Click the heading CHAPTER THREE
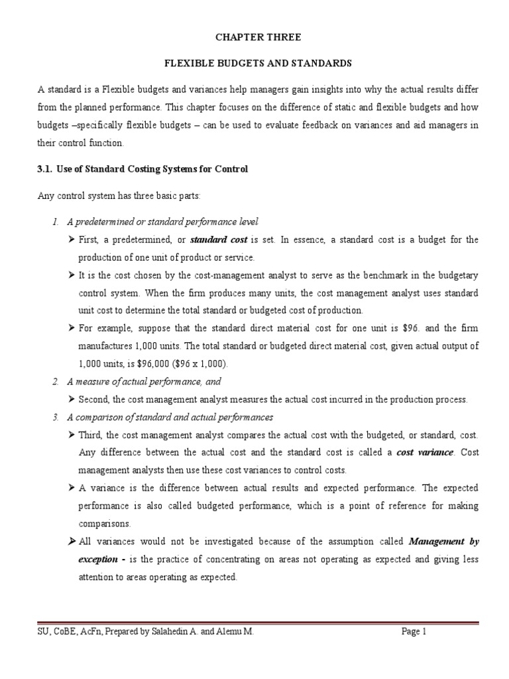point(254,38)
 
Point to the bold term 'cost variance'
point(425,452)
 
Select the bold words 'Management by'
point(443,542)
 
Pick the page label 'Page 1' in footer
point(414,633)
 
